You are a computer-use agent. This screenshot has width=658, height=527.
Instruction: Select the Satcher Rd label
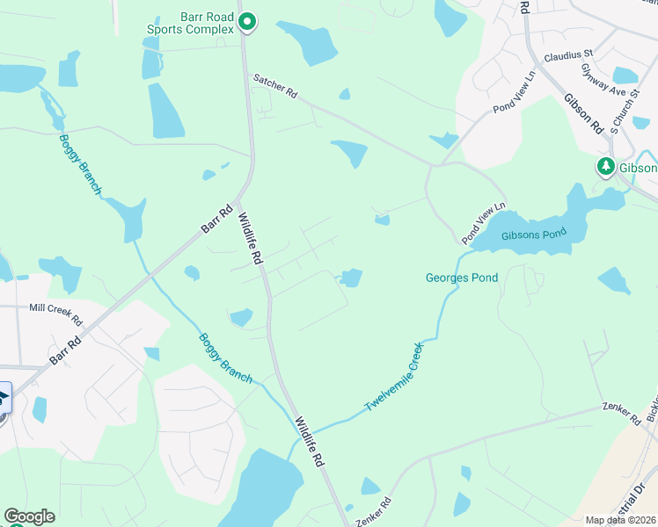(x=276, y=84)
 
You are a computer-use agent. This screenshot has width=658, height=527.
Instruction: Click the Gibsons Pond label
(x=530, y=236)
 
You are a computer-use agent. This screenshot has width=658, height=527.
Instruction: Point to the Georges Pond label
(x=462, y=278)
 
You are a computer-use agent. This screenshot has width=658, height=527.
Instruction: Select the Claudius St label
(x=568, y=55)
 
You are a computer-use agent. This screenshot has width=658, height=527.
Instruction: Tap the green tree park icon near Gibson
(x=605, y=166)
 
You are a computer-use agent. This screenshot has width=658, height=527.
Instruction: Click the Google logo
(x=29, y=516)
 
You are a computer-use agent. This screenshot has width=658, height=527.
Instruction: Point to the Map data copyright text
(x=620, y=520)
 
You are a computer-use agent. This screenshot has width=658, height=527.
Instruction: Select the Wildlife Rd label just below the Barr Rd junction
(x=250, y=238)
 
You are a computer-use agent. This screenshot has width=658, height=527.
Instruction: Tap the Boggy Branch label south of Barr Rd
(x=225, y=357)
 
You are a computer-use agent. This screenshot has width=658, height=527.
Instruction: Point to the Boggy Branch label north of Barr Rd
(x=80, y=164)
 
